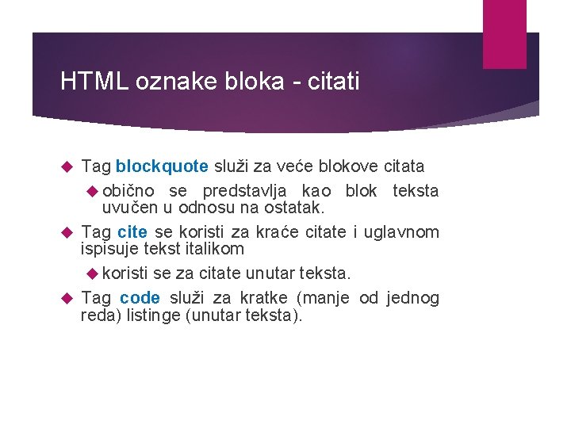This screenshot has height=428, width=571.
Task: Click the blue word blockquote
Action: tap(162, 166)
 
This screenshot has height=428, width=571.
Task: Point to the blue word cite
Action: tap(132, 231)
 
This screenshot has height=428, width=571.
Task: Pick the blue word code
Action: tap(140, 298)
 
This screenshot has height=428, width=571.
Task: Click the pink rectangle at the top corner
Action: tap(504, 34)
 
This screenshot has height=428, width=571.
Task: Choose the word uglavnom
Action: tap(402, 231)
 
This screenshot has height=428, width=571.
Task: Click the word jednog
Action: tap(412, 298)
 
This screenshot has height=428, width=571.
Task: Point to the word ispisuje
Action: tap(109, 249)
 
